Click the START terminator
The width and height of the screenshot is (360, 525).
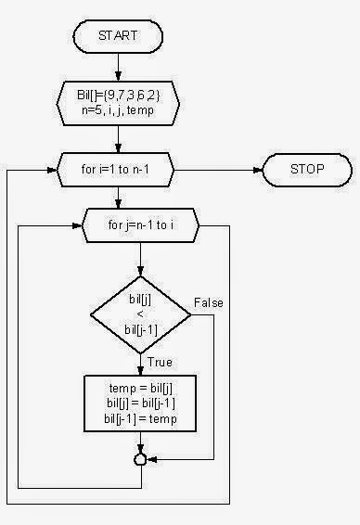118,36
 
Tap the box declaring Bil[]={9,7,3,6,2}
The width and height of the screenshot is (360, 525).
118,100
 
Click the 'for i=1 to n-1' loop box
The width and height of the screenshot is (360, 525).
118,169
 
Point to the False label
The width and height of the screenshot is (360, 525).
209,302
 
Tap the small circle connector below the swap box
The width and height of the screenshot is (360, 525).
140,458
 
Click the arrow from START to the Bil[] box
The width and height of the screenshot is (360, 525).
118,67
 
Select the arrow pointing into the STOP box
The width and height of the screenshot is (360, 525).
241,169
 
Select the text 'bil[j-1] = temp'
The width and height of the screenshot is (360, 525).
140,418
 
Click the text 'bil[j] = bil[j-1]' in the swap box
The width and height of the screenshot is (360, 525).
140,403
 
